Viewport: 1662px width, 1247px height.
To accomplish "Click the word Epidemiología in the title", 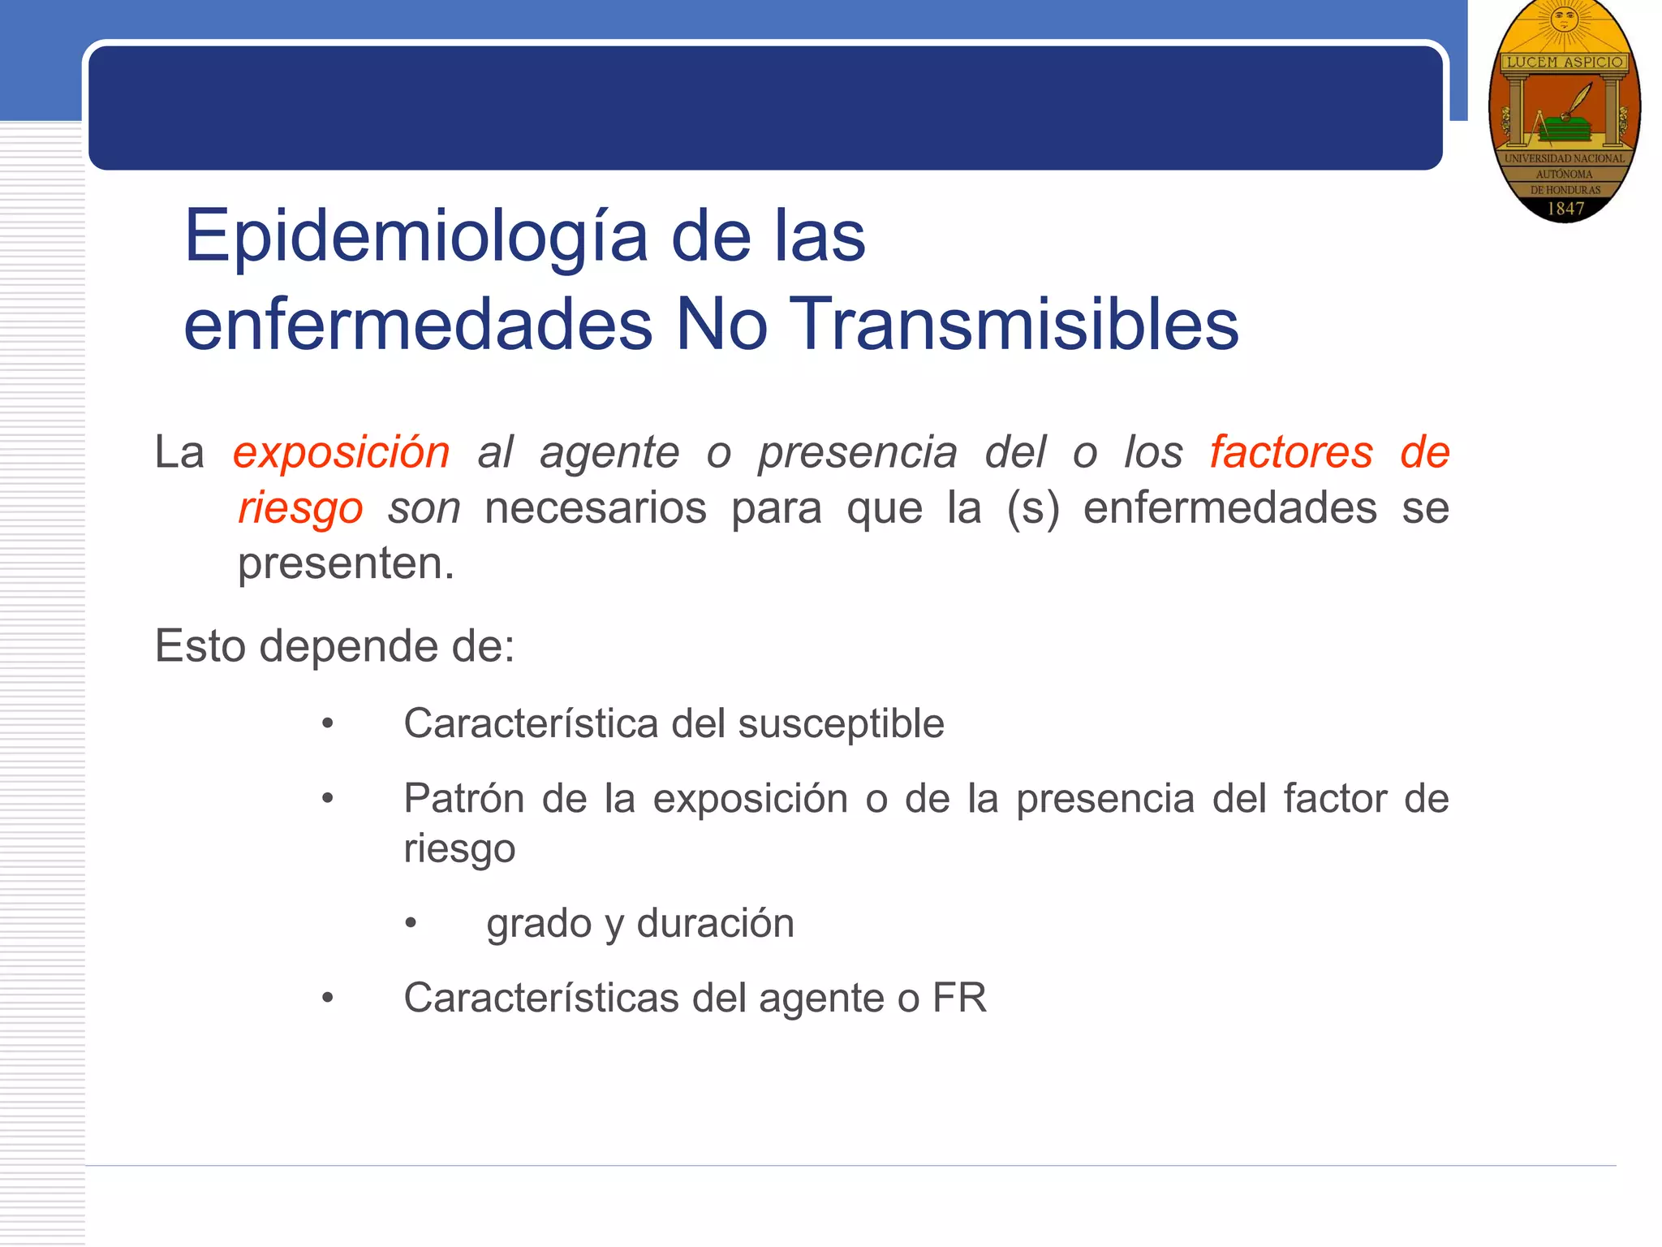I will pyautogui.click(x=415, y=238).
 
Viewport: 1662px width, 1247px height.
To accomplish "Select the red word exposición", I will pyautogui.click(x=342, y=453).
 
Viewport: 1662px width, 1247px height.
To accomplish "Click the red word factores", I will pyautogui.click(x=1291, y=453).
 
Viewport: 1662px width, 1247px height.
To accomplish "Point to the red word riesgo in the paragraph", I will pyautogui.click(x=300, y=509).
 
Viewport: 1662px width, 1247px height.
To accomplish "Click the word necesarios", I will pyautogui.click(x=596, y=509).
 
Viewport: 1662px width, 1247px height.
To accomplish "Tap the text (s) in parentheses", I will pyautogui.click(x=1032, y=510).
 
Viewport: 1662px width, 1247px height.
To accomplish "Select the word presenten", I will pyautogui.click(x=345, y=563).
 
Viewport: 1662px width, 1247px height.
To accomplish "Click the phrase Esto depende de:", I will pyautogui.click(x=334, y=647).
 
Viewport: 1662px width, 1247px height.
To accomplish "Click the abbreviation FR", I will pyautogui.click(x=959, y=998).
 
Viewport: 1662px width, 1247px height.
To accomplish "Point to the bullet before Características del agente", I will pyautogui.click(x=328, y=999).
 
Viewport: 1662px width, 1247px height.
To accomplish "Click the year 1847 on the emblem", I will pyautogui.click(x=1565, y=209).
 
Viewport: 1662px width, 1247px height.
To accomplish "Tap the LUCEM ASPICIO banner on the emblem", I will pyautogui.click(x=1564, y=63).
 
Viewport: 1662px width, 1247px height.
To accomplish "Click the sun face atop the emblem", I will pyautogui.click(x=1565, y=19).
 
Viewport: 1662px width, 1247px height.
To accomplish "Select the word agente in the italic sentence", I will pyautogui.click(x=609, y=453).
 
